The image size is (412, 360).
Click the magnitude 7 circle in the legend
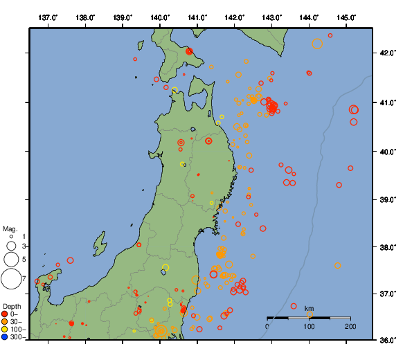point(11,279)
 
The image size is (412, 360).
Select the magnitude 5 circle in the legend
point(11,259)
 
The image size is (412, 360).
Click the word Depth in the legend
point(12,306)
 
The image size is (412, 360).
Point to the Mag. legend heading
point(10,228)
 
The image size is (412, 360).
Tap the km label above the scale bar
point(309,308)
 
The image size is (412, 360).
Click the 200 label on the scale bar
point(350,326)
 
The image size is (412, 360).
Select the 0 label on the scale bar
point(268,326)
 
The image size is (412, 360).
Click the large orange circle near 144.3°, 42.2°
point(317,44)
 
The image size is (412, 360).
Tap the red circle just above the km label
point(294,306)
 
